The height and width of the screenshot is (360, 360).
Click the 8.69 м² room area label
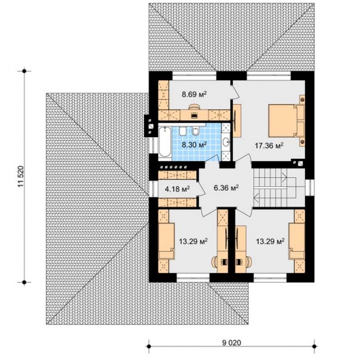pyautogui.click(x=194, y=94)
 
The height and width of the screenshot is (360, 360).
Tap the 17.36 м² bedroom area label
pyautogui.click(x=269, y=145)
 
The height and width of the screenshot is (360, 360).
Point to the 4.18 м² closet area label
pyautogui.click(x=177, y=189)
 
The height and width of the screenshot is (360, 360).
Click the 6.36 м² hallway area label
pyautogui.click(x=226, y=188)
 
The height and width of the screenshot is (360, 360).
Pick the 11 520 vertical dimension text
pyautogui.click(x=20, y=177)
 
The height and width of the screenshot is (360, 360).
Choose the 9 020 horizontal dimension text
pyautogui.click(x=232, y=343)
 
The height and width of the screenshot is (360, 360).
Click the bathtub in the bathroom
pyautogui.click(x=164, y=143)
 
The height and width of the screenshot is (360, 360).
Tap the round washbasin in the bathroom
pyautogui.click(x=227, y=142)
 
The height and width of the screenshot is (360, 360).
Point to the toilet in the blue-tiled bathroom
pyautogui.click(x=183, y=131)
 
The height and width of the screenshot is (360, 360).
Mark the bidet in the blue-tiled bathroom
pyautogui.click(x=196, y=131)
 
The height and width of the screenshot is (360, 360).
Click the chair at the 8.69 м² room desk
pyautogui.click(x=194, y=107)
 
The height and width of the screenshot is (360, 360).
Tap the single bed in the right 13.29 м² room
pyautogui.click(x=297, y=242)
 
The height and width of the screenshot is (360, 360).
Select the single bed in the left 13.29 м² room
pyautogui.click(x=166, y=242)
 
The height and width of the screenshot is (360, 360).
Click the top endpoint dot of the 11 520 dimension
pyautogui.click(x=24, y=71)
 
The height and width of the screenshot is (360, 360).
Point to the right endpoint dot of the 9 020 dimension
pyautogui.click(x=314, y=346)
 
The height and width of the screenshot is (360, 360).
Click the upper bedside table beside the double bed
pyautogui.click(x=302, y=99)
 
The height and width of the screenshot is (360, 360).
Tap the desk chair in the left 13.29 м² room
pyautogui.click(x=215, y=262)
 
